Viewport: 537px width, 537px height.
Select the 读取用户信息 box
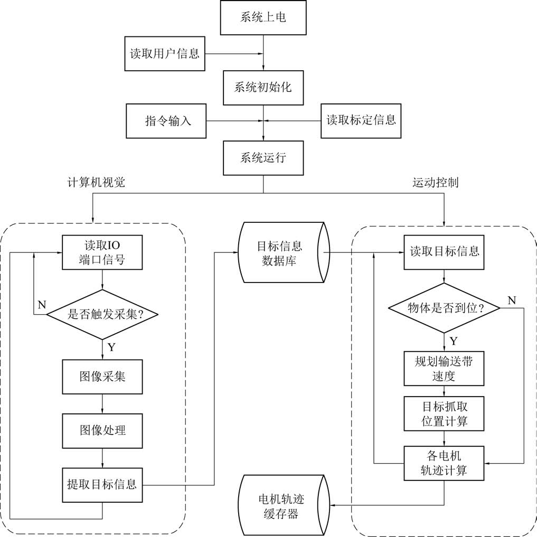click(x=165, y=53)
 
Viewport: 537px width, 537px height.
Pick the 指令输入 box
click(x=166, y=121)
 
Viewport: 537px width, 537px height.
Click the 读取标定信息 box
click(x=361, y=121)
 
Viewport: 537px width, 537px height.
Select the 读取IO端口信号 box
click(x=102, y=253)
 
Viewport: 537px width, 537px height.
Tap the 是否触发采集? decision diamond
click(x=102, y=315)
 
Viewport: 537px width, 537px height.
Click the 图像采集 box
click(x=102, y=377)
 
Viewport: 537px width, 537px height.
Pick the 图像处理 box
click(x=102, y=430)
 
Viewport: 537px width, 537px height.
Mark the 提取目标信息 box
click(x=102, y=484)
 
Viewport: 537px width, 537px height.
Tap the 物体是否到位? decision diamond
click(x=444, y=307)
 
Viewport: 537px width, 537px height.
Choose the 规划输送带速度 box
click(x=444, y=368)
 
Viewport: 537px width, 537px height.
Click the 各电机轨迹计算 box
click(x=444, y=463)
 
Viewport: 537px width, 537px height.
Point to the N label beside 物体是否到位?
click(x=511, y=300)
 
